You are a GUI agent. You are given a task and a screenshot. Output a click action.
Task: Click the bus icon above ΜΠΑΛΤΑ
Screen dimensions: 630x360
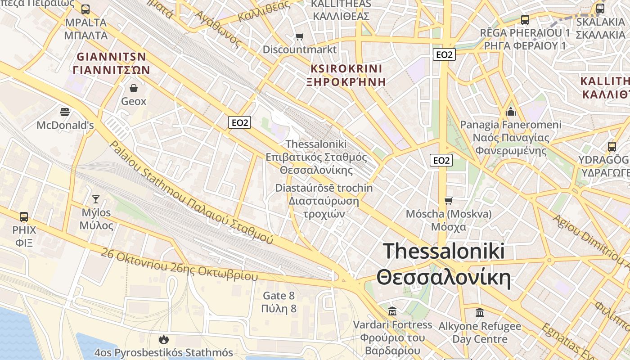point(85,9)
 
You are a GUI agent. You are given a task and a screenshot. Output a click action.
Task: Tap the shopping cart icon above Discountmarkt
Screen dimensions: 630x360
point(299,36)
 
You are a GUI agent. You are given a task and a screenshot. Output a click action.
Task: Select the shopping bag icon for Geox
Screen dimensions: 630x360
point(134,88)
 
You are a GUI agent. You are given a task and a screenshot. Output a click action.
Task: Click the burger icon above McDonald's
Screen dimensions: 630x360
point(65,112)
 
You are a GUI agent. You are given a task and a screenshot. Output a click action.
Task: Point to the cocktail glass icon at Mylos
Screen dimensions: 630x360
point(96,199)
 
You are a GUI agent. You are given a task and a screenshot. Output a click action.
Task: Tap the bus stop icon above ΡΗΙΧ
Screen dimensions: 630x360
point(24,216)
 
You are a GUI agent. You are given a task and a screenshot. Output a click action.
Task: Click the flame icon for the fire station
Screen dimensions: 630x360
point(163,339)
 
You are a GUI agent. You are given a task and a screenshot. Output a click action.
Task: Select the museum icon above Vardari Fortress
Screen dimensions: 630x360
point(392,311)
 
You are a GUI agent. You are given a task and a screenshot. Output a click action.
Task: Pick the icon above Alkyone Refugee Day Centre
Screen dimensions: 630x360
point(480,312)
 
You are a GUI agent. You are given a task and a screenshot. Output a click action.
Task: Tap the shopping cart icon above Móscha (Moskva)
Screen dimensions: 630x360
point(448,201)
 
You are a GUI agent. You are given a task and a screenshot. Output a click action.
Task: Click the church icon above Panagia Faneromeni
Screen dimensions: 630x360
point(511,111)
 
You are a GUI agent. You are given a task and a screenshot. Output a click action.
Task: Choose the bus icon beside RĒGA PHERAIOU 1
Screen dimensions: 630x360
point(525,20)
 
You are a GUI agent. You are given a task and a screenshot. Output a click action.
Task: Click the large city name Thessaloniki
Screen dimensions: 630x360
point(444,251)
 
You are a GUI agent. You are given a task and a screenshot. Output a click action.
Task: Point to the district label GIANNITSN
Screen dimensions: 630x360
point(111,57)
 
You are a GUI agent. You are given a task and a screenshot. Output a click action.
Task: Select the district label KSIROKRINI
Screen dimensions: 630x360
point(346,69)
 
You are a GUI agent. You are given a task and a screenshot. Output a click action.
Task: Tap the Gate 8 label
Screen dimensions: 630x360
point(279,296)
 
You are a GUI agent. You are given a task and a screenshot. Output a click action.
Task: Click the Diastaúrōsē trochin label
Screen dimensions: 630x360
point(324,188)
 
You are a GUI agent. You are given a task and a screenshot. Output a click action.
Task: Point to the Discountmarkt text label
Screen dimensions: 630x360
point(300,49)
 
